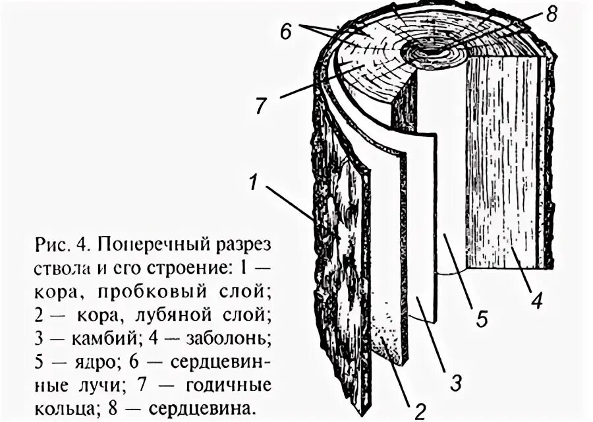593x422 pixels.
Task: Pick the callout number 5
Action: [x=482, y=320]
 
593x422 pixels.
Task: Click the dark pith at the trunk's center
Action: [x=432, y=51]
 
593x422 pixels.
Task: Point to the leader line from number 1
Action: [x=290, y=201]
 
